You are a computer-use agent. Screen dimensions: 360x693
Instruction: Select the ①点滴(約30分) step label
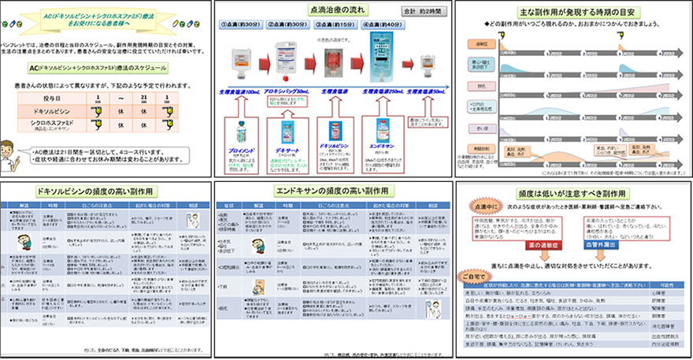coord(244,24)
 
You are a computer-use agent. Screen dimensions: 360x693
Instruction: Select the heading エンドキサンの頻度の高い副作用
coord(335,191)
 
